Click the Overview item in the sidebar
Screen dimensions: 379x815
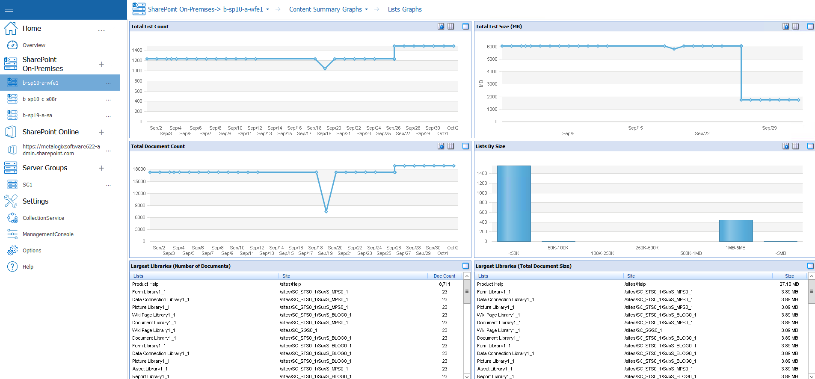click(34, 45)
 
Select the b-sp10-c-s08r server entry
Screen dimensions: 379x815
click(40, 99)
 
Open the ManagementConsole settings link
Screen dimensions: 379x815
click(48, 234)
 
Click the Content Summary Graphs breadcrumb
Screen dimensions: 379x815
click(326, 9)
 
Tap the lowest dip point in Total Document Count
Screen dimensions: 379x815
click(326, 211)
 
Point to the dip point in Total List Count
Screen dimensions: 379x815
click(325, 68)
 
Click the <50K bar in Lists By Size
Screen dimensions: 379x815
click(514, 204)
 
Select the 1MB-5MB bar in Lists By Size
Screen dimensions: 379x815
click(735, 231)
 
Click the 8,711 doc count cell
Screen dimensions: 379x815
click(445, 284)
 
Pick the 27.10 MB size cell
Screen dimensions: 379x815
click(789, 284)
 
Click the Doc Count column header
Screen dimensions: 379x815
click(444, 276)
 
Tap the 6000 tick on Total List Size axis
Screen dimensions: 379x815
click(492, 47)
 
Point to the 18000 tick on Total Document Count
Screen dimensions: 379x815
click(139, 169)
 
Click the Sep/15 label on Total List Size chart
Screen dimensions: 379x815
click(635, 128)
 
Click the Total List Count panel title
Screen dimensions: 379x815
click(150, 27)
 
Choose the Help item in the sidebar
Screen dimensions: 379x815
click(28, 267)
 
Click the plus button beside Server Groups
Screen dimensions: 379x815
click(101, 168)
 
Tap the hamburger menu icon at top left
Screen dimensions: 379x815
click(9, 9)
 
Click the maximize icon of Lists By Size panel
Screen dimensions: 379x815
click(810, 146)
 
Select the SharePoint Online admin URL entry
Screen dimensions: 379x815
click(61, 150)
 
